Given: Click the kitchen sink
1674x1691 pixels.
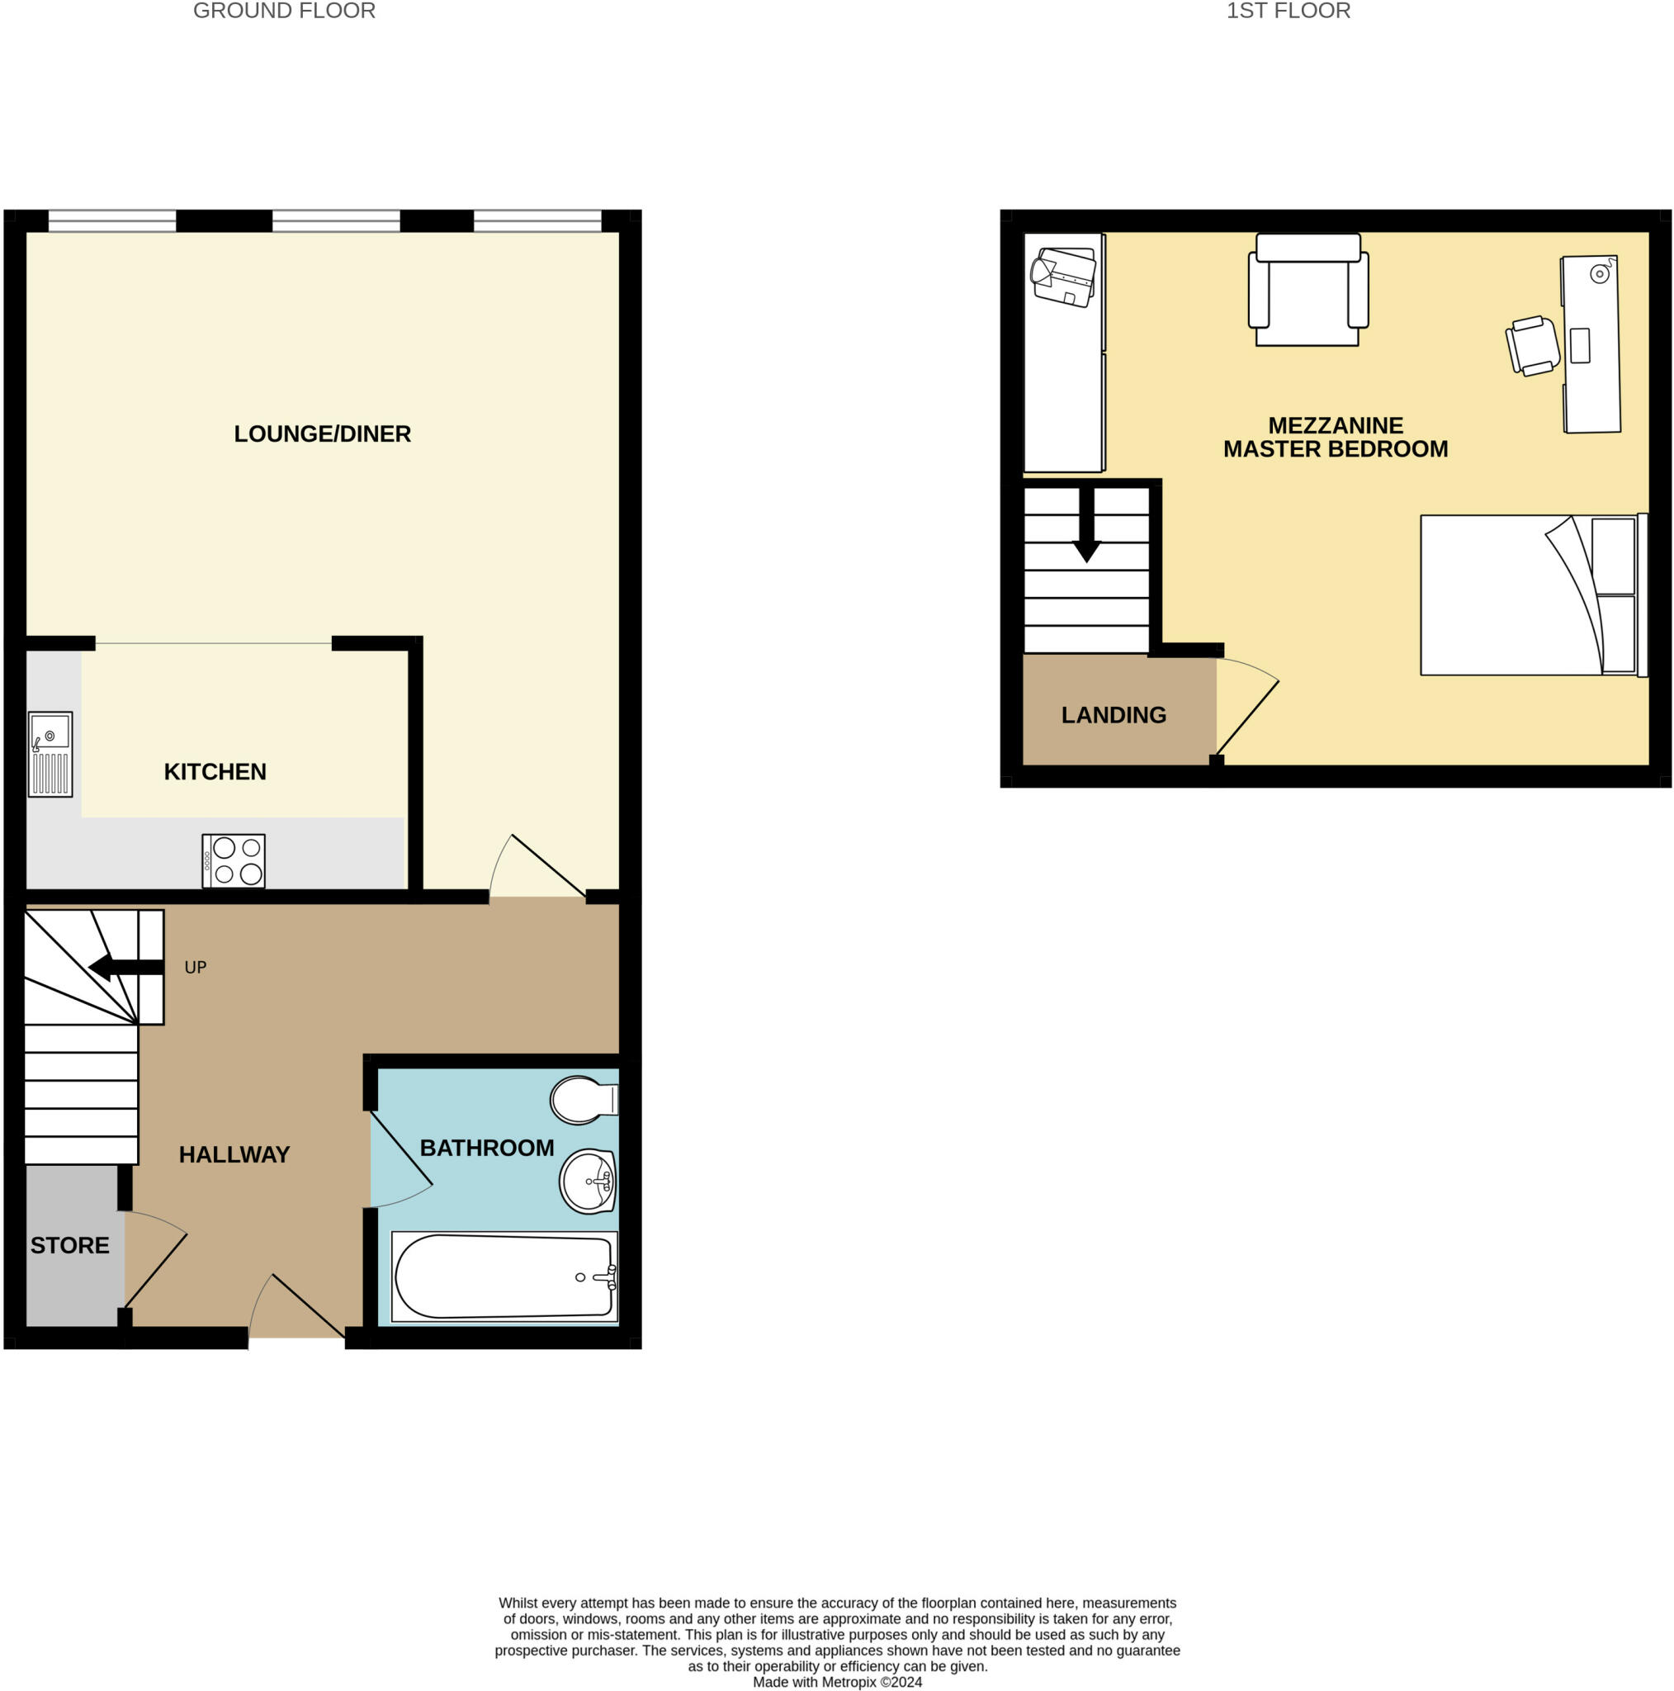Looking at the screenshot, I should click(x=50, y=754).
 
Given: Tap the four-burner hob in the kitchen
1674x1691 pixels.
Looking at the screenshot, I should click(x=234, y=860).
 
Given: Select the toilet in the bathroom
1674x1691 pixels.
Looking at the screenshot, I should click(x=582, y=1099).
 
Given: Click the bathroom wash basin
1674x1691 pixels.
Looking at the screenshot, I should click(x=588, y=1182).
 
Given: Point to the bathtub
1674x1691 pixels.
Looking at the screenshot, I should click(x=504, y=1277).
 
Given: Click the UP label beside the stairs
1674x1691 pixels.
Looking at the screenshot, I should click(x=195, y=967).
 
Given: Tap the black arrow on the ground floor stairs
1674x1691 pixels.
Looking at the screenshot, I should click(x=127, y=967).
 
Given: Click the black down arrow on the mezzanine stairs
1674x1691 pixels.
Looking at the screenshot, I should click(x=1086, y=525).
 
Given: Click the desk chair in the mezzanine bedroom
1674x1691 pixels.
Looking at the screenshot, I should click(x=1532, y=346).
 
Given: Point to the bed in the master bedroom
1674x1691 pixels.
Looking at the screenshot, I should click(x=1531, y=595).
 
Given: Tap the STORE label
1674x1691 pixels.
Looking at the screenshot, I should click(x=70, y=1244).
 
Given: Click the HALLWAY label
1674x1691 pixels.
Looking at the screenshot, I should click(x=234, y=1154).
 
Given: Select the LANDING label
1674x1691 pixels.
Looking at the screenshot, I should click(x=1113, y=715).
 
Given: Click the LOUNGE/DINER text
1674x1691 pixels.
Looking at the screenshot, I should click(x=322, y=433).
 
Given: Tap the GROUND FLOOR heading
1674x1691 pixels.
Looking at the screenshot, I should click(x=285, y=11).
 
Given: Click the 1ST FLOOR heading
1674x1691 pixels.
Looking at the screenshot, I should click(x=1288, y=11).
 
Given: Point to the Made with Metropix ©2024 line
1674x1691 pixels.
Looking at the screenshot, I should click(x=836, y=1681).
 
